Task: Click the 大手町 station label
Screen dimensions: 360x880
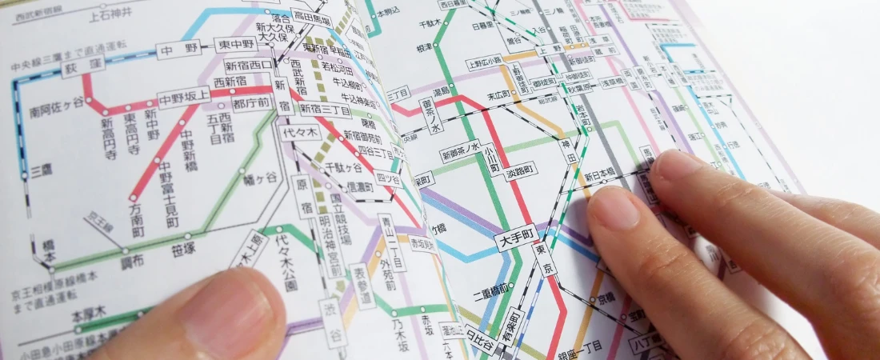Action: pos(516,239)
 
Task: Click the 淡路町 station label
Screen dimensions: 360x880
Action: pos(520,170)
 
